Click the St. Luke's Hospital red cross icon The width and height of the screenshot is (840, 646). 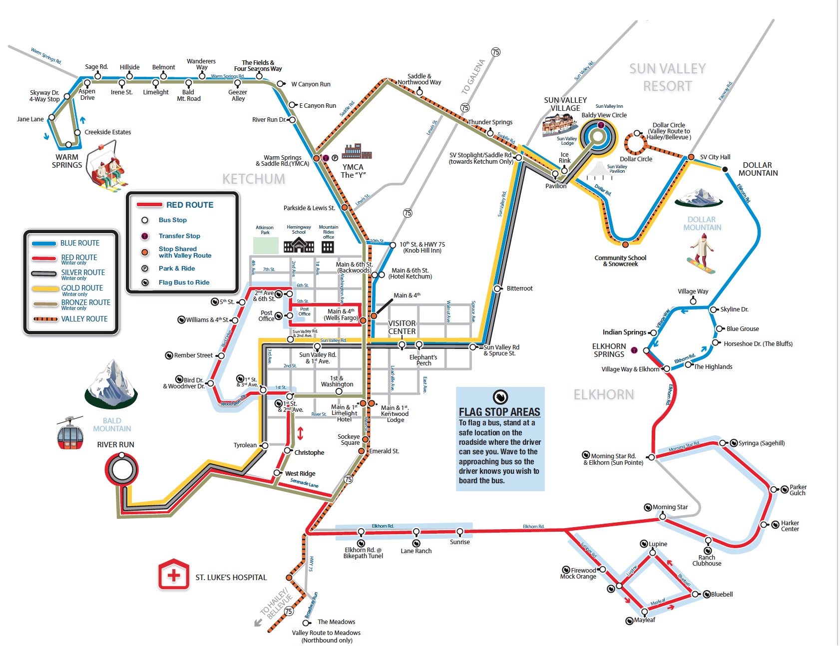click(174, 575)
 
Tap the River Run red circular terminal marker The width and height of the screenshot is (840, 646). click(121, 469)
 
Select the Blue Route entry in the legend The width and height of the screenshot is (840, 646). click(79, 243)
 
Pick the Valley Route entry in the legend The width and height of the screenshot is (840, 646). click(84, 319)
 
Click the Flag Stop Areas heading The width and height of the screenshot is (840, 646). click(499, 412)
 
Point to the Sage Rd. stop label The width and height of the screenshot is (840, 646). click(96, 67)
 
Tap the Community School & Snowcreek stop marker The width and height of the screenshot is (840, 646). click(625, 244)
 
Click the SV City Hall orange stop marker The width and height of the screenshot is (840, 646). click(691, 157)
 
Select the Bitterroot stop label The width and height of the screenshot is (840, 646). click(519, 289)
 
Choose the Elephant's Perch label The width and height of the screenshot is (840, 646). click(423, 360)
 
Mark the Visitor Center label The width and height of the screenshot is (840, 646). click(402, 327)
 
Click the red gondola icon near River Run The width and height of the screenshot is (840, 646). click(70, 432)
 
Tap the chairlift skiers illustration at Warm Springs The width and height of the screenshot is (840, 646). click(107, 167)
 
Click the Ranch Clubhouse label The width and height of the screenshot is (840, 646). click(707, 560)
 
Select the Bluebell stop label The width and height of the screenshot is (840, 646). click(722, 594)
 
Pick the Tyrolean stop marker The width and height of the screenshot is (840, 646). click(265, 445)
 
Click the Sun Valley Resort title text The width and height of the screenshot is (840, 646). click(667, 77)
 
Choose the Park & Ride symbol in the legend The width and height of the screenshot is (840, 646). click(145, 269)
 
